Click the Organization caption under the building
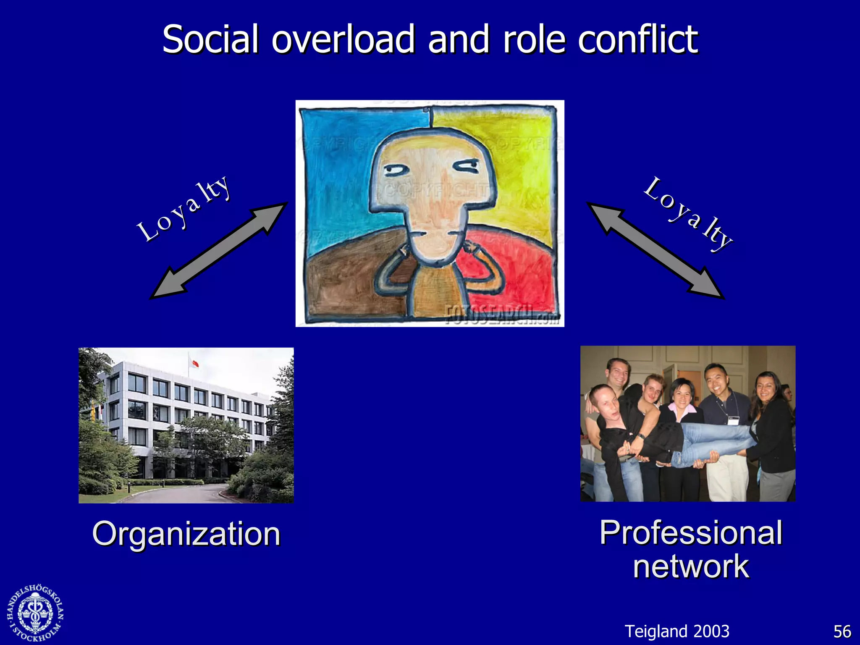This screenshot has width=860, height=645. click(x=186, y=534)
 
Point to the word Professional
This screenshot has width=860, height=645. click(x=691, y=532)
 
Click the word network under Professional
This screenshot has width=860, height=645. click(x=691, y=566)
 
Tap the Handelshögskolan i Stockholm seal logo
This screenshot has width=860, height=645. click(x=36, y=613)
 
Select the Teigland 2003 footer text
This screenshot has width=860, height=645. click(x=677, y=632)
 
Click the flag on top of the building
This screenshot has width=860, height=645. click(x=194, y=362)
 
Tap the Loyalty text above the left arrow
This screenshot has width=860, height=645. click(x=184, y=208)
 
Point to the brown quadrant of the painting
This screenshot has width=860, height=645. click(x=344, y=281)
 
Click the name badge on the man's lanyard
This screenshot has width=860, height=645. click(x=733, y=420)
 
